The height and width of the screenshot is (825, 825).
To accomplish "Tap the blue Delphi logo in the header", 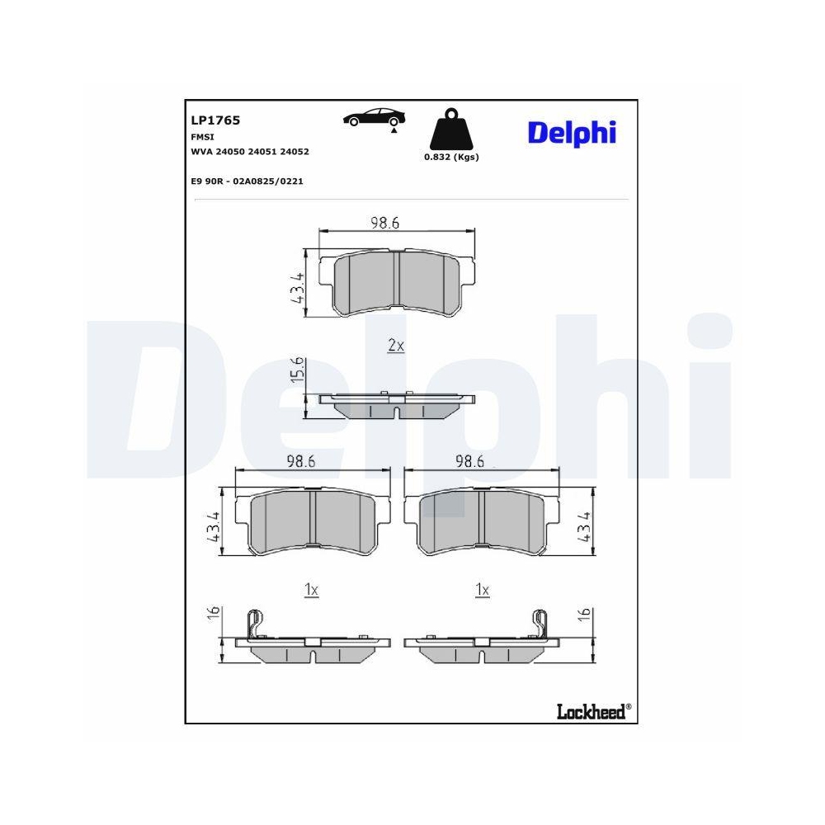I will [x=572, y=132].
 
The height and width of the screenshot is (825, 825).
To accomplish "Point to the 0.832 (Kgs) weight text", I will [x=451, y=157].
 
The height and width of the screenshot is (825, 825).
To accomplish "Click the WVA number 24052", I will [x=295, y=152].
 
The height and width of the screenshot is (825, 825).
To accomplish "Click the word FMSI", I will [x=201, y=137].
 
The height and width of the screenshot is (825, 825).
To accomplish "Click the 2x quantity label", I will [x=396, y=346].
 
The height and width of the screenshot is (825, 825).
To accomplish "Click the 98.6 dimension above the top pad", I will [x=384, y=223].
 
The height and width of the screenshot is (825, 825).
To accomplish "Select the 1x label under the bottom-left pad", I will [x=311, y=590].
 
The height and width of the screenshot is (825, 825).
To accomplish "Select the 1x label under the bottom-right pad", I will [x=483, y=590].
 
